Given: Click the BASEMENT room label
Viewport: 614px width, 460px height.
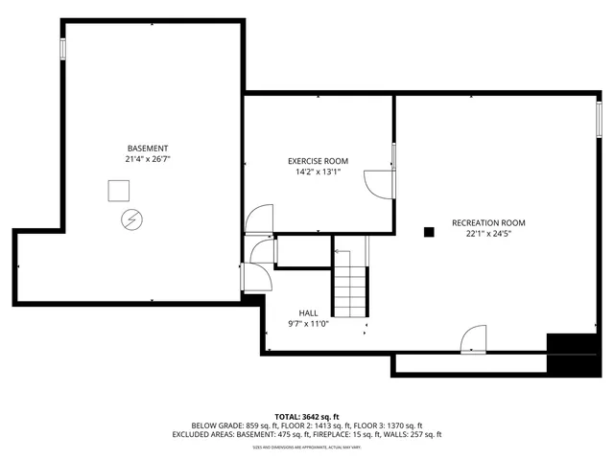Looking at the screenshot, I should click(149, 148).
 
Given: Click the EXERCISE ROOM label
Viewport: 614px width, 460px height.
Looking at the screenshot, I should click(318, 161).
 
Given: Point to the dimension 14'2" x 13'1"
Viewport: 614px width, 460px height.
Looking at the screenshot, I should click(318, 172).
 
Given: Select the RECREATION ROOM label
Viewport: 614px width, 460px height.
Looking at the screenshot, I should click(488, 222).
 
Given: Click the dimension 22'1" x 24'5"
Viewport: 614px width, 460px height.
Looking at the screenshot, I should click(488, 233).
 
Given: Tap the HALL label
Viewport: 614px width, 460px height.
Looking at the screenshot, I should click(308, 313).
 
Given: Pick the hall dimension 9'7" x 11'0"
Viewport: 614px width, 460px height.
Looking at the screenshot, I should click(308, 324).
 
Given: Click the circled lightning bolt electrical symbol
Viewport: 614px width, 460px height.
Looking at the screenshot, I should click(130, 220).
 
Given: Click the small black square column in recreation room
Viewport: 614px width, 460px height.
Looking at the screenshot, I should click(430, 230).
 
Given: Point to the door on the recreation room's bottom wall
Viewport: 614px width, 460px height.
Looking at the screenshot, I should click(474, 340).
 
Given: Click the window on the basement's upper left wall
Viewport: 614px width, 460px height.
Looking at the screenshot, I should click(63, 49).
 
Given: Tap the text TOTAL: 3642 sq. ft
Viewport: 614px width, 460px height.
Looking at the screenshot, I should click(306, 416).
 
